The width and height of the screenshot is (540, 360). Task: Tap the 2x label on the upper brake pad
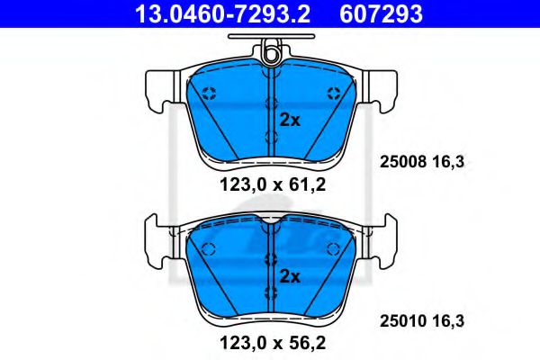click(289, 119)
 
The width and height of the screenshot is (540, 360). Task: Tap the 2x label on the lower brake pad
click(289, 275)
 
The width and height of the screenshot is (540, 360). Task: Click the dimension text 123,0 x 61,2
click(270, 187)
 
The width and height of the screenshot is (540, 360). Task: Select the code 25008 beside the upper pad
click(398, 163)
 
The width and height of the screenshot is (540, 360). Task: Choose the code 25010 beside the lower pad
click(398, 318)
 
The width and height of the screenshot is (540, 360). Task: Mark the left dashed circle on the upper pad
click(209, 92)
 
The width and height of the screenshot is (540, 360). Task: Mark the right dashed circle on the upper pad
click(334, 92)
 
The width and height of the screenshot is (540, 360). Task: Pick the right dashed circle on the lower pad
click(334, 249)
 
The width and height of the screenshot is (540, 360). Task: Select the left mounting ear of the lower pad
click(156, 243)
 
